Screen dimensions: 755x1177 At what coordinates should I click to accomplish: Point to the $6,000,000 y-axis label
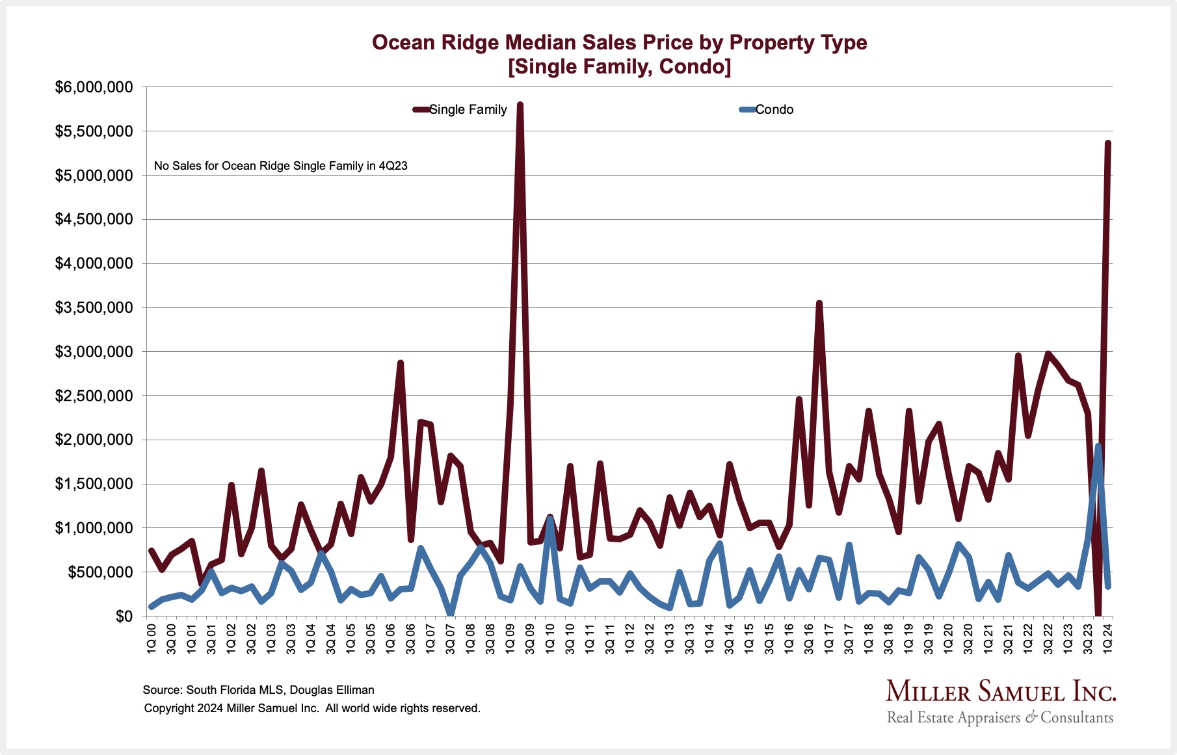[94, 87]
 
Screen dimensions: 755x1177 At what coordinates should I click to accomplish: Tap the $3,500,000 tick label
[94, 308]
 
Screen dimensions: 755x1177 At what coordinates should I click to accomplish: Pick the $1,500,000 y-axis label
[94, 484]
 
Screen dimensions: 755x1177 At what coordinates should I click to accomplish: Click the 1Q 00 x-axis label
[152, 638]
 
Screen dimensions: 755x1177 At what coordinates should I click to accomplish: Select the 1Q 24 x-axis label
[1107, 638]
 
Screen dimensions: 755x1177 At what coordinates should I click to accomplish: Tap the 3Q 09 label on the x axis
[530, 638]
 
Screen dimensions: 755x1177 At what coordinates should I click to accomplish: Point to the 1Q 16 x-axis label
[789, 638]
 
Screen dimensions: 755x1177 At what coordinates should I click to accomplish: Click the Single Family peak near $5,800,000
[520, 105]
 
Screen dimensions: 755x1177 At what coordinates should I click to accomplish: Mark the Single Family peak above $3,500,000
[819, 303]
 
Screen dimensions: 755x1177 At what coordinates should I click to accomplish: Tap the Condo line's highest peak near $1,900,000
[1098, 446]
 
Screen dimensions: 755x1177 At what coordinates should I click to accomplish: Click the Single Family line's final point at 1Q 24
[1107, 143]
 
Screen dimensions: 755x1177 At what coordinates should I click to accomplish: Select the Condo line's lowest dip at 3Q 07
[451, 613]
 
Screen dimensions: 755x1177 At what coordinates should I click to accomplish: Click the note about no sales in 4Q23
[280, 166]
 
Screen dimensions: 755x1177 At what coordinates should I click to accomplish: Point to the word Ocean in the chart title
[403, 42]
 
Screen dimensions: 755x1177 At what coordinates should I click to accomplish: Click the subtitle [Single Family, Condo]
[619, 66]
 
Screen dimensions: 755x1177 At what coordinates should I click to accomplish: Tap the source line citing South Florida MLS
[258, 690]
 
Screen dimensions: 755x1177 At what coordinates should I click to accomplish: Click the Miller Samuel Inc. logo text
[1000, 691]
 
